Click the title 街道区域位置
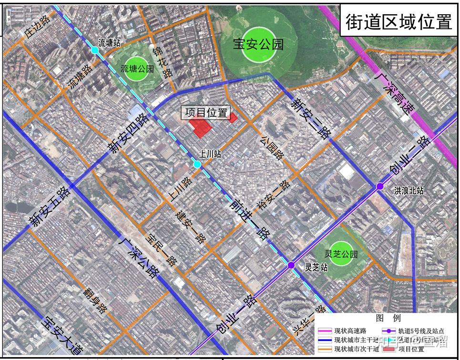tap(398, 21)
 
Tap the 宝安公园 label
tap(258, 45)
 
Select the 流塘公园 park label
tap(137, 69)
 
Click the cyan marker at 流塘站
tap(95, 50)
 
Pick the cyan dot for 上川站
tap(197, 164)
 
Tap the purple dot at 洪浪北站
tap(380, 186)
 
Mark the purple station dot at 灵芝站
tap(291, 265)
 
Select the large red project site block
tap(201, 127)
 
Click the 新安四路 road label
tap(128, 134)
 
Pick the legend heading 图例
tap(388, 318)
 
